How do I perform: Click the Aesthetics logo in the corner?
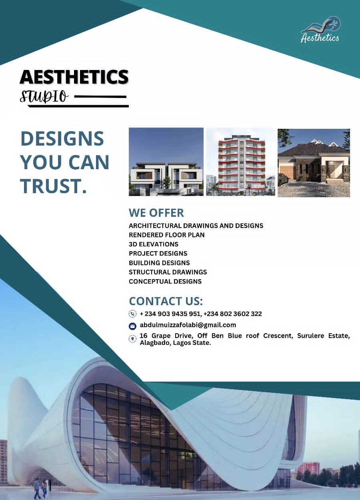320,29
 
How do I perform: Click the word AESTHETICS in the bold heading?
74,76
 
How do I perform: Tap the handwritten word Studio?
44,96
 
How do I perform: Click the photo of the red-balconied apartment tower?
240,162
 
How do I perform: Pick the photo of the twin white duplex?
166,162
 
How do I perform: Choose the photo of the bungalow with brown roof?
314,163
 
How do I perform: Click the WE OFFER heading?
156,213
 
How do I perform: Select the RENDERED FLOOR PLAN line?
166,235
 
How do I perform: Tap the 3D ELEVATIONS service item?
154,244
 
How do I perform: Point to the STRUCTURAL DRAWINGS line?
168,272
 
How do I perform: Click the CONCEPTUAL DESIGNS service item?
165,282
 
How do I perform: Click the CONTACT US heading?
166,301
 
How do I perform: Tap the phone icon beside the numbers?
132,314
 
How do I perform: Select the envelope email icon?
132,326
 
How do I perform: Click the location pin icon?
132,339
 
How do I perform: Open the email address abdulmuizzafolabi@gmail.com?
188,325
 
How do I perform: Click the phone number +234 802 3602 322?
233,314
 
